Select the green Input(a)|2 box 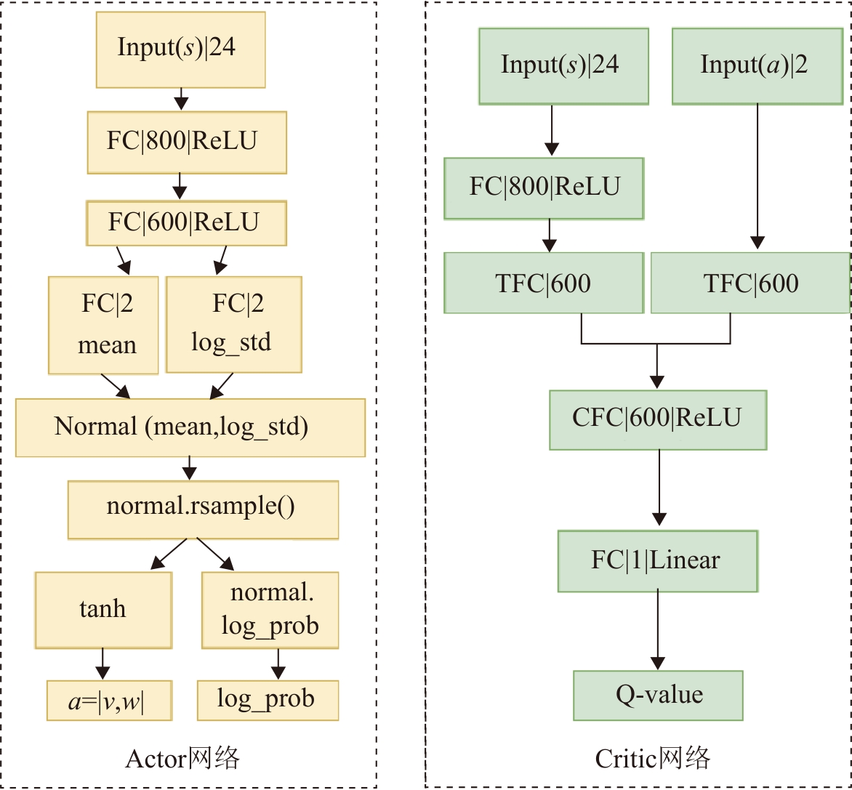pyautogui.click(x=754, y=65)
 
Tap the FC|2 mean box pyautogui.click(x=103, y=325)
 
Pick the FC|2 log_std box pyautogui.click(x=233, y=324)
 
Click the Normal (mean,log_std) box pyautogui.click(x=190, y=427)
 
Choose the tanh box pyautogui.click(x=103, y=610)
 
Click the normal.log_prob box pyautogui.click(x=270, y=610)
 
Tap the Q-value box pyautogui.click(x=658, y=695)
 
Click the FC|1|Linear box pyautogui.click(x=657, y=560)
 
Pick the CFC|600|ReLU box pyautogui.click(x=657, y=419)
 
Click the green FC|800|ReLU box pyautogui.click(x=543, y=188)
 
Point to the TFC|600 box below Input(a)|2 pyautogui.click(x=750, y=283)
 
